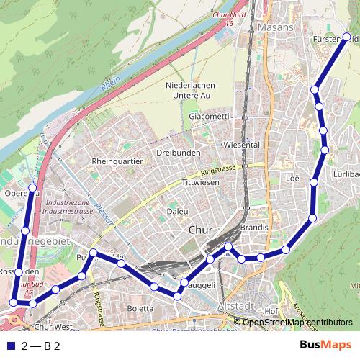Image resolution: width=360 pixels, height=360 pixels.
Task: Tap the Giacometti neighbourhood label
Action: coord(208,116)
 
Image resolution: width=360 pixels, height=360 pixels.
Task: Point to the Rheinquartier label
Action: coord(117,161)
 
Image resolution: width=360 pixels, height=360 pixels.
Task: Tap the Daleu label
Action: coord(177,212)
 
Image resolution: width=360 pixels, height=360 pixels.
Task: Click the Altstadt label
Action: coord(233,306)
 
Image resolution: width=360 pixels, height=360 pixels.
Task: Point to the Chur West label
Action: coord(54,326)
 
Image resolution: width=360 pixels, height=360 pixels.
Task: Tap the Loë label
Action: coord(292,177)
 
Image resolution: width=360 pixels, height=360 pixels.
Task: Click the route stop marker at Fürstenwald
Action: coord(346,37)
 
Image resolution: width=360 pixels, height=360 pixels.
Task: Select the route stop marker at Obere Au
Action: coord(32,192)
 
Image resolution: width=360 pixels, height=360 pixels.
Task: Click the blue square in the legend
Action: coord(9,346)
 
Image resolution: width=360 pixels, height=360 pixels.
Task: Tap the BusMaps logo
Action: coord(325,346)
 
